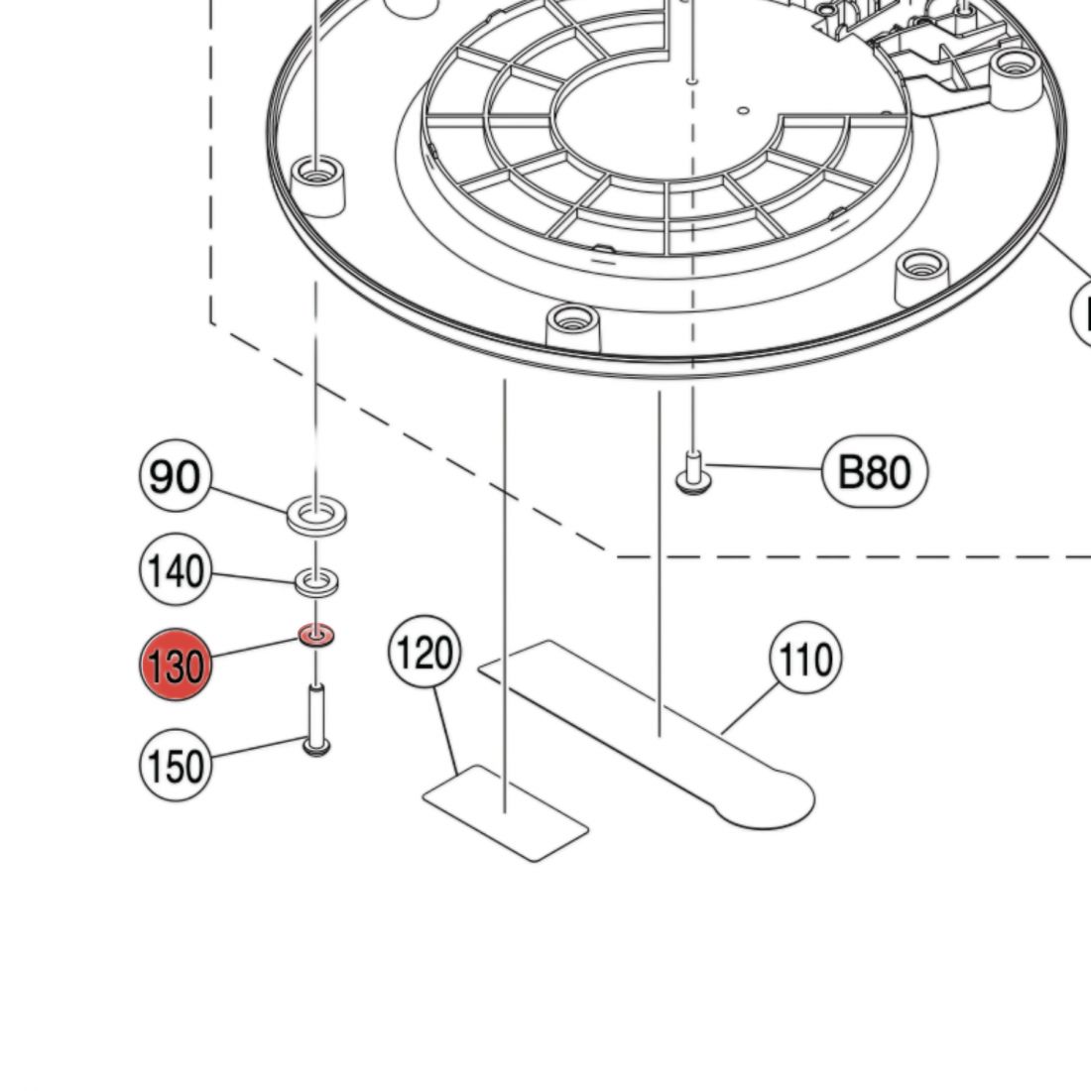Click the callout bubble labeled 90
(174, 477)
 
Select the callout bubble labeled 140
(174, 571)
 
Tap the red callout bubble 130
(175, 665)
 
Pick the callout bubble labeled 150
(175, 765)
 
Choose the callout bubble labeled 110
(804, 659)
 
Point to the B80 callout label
(874, 472)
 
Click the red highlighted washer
(316, 634)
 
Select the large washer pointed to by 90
(315, 516)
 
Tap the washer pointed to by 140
(316, 579)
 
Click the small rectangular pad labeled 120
(506, 812)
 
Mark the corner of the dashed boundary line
(615, 556)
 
